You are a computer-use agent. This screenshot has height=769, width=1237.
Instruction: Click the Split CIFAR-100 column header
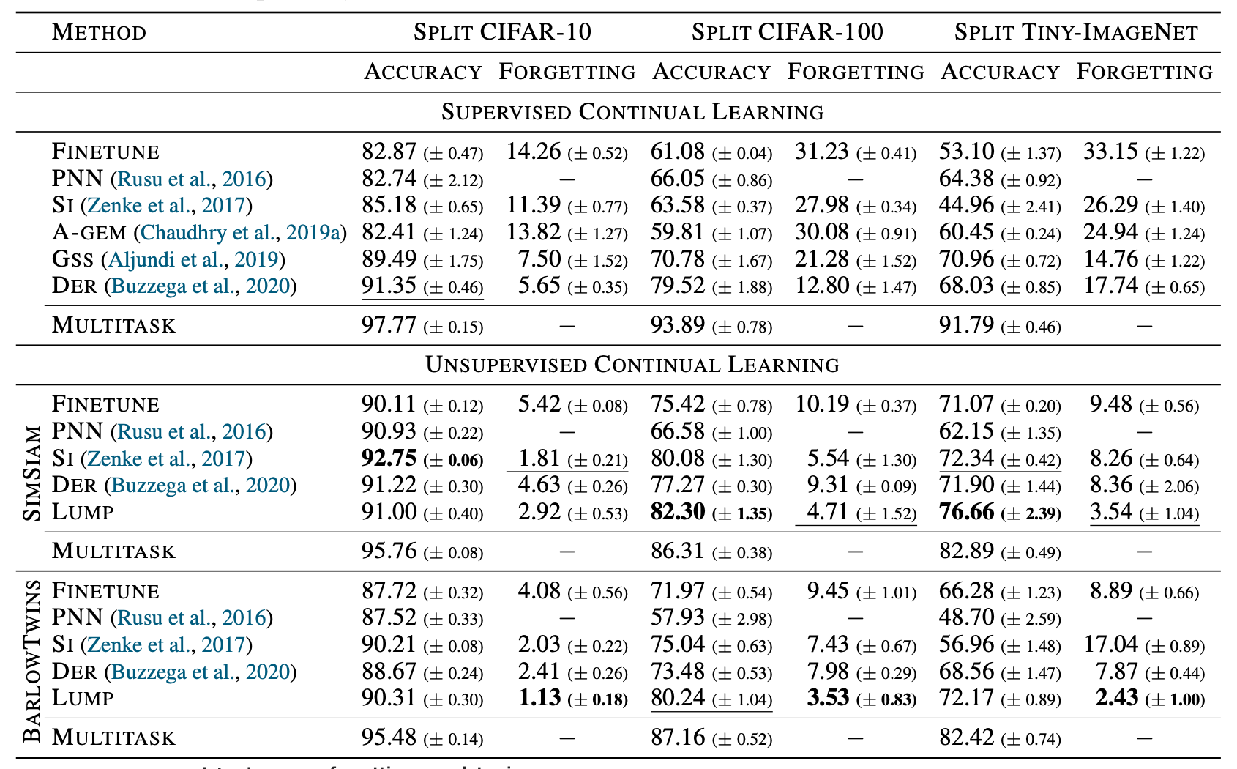[787, 32]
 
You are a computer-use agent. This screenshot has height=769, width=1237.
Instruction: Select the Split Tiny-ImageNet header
[1076, 32]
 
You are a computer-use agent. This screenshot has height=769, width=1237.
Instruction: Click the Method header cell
[99, 32]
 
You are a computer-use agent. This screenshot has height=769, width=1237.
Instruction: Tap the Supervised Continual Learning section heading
[632, 112]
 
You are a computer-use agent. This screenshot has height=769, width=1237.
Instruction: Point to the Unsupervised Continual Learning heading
[632, 365]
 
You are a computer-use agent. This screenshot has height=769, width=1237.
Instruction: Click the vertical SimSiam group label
[32, 473]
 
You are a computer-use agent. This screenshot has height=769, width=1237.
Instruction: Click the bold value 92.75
[389, 458]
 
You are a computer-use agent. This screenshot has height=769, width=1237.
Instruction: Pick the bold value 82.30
[678, 512]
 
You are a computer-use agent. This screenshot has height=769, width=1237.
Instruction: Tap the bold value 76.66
[966, 512]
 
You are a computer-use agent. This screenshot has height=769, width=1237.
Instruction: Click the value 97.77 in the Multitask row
[389, 325]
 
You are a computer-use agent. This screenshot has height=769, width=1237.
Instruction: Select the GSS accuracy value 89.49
[389, 259]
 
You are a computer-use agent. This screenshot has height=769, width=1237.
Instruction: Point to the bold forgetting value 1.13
[539, 698]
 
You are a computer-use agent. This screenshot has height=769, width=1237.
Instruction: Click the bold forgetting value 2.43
[1117, 698]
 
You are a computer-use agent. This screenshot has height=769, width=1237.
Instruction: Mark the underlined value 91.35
[389, 286]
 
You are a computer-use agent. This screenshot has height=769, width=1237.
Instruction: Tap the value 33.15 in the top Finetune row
[1110, 152]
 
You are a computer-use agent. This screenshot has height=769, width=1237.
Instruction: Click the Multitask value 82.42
[966, 738]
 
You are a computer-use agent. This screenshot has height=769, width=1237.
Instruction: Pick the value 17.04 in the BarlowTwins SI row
[1110, 644]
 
